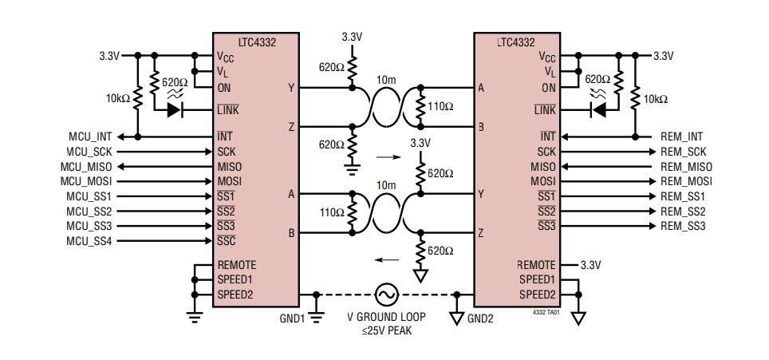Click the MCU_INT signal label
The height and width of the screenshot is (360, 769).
(89, 136)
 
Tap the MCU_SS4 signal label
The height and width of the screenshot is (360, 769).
(89, 240)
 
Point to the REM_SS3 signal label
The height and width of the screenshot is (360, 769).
(683, 226)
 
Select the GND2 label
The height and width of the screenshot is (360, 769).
(481, 317)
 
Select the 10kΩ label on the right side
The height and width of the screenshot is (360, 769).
(655, 99)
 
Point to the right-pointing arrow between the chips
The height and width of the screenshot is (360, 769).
(384, 157)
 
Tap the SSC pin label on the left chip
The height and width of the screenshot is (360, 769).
(227, 241)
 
